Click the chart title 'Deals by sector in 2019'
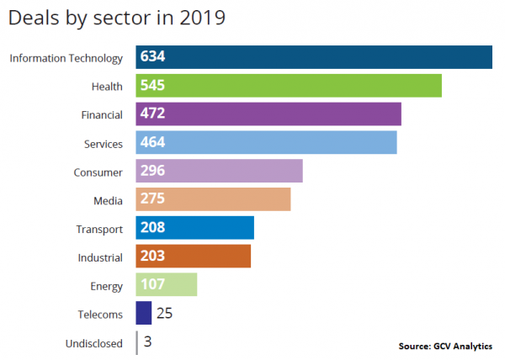click(117, 18)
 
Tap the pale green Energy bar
click(167, 285)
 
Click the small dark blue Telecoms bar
click(144, 314)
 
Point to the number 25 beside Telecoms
click(165, 314)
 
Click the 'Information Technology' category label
click(66, 58)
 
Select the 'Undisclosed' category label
click(94, 343)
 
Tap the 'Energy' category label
click(107, 286)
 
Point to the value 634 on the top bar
click(153, 57)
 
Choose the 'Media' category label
click(108, 200)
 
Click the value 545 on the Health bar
click(153, 86)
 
